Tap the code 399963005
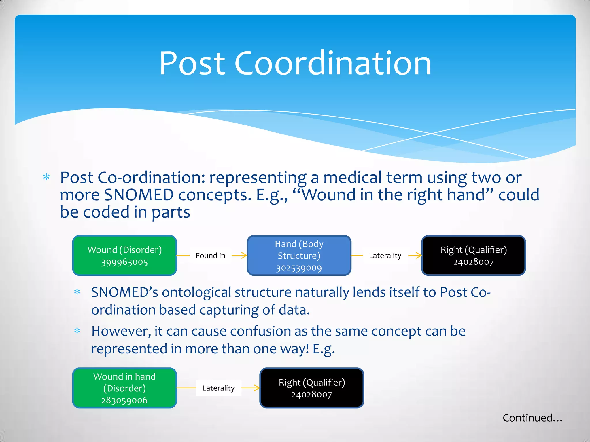pos(124,262)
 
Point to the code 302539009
pos(299,268)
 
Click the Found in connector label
pos(210,256)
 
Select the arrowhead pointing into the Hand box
pos(245,255)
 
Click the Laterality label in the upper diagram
pos(385,256)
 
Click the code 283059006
pos(124,400)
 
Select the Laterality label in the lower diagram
pos(218,388)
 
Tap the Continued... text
pos(532,418)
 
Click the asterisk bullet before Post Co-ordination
pos(46,177)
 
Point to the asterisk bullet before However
pos(77,331)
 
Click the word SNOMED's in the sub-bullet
pos(124,292)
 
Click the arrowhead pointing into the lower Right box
pos(257,388)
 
